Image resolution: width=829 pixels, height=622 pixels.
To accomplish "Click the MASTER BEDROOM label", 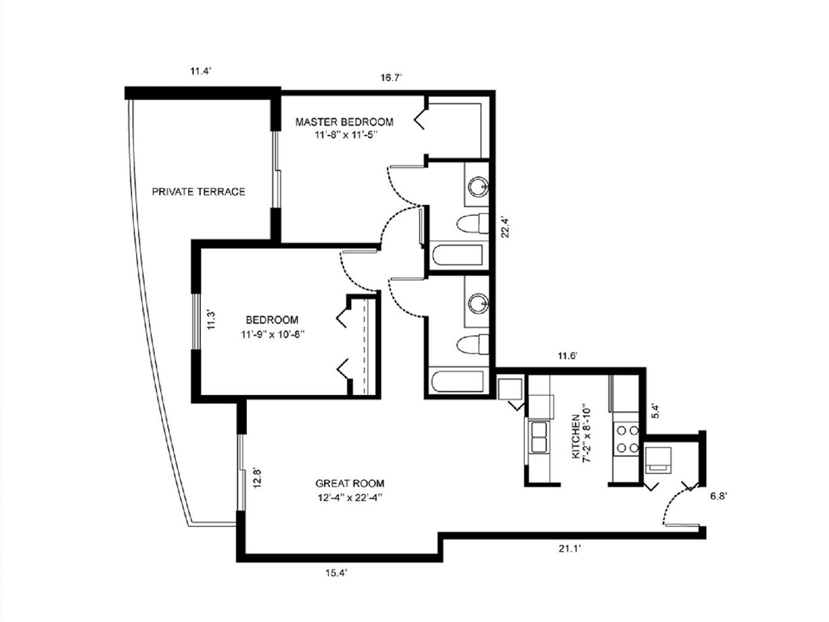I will pos(344,122).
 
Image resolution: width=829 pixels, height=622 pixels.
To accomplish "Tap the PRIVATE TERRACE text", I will pos(198,192).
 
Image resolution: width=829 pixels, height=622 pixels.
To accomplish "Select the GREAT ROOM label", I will pos(350,483).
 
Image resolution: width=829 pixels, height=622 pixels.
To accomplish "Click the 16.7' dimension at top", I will pos(391,78).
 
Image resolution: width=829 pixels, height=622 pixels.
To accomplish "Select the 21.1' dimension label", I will pos(569,549).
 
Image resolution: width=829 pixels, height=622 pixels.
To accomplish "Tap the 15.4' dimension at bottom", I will pos(337,573).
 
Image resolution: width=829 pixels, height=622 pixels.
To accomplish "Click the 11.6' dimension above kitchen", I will pos(567,356).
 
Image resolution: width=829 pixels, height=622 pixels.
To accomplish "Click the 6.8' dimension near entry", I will pos(719,496).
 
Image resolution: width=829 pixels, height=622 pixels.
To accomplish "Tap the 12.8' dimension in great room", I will pos(258,478).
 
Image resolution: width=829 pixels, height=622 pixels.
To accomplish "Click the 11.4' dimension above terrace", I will pos(200,71).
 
